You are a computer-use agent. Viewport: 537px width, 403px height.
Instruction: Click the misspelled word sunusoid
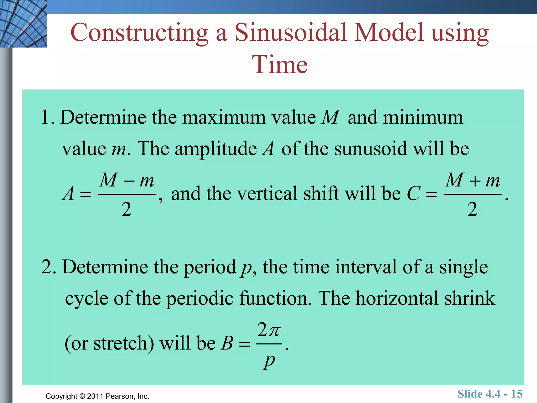[371, 149]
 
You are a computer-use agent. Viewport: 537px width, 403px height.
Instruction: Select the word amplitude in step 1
[216, 149]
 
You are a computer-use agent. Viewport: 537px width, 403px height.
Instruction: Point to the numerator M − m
[127, 181]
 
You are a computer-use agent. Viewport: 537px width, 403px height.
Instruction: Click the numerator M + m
[472, 181]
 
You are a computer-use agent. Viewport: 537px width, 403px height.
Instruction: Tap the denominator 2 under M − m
[126, 209]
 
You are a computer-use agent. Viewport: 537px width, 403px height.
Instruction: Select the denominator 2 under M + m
[472, 209]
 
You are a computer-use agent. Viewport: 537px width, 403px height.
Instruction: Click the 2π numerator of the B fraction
[269, 330]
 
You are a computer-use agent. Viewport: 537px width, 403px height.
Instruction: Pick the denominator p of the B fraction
[269, 362]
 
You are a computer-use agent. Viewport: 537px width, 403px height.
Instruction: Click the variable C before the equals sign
[414, 194]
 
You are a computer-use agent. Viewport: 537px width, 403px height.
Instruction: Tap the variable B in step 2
[227, 343]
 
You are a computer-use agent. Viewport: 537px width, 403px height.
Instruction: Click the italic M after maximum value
[330, 117]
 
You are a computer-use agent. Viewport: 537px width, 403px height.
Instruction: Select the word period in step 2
[210, 267]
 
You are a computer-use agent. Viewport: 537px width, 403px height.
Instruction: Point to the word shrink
[469, 298]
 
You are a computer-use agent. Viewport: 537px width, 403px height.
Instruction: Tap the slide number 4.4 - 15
[490, 394]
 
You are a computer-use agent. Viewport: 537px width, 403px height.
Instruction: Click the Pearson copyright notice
[97, 396]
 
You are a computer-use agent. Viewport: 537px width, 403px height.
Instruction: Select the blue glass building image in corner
[23, 24]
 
